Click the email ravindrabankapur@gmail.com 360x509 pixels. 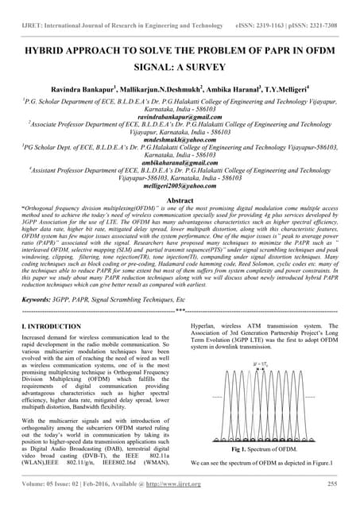tap(180, 116)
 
